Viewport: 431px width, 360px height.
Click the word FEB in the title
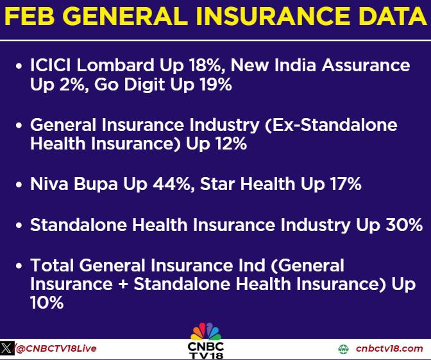pyautogui.click(x=30, y=16)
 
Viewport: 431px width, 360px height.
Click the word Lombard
pyautogui.click(x=115, y=65)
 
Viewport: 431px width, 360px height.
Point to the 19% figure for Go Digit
pyautogui.click(x=216, y=84)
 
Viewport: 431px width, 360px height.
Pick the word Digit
pyautogui.click(x=144, y=85)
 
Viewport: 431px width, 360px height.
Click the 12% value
pyautogui.click(x=232, y=144)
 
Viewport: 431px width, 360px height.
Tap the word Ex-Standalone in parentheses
pyautogui.click(x=331, y=125)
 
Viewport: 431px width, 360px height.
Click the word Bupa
pyautogui.click(x=96, y=184)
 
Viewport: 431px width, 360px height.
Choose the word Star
pyautogui.click(x=218, y=184)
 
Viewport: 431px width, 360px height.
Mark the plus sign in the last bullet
pyautogui.click(x=123, y=285)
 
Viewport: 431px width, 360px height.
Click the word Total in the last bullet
pyautogui.click(x=52, y=266)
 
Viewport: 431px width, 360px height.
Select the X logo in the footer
pyautogui.click(x=7, y=348)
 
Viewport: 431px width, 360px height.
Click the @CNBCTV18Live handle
pyautogui.click(x=56, y=348)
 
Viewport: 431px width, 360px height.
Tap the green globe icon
pyautogui.click(x=343, y=349)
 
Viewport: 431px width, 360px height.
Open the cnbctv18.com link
pyautogui.click(x=389, y=348)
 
